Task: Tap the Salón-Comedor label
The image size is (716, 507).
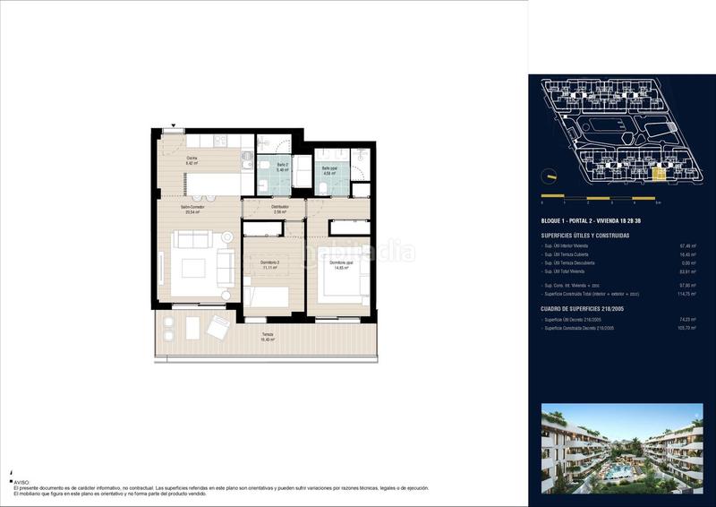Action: tap(192, 208)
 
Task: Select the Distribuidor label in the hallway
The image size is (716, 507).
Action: tap(280, 209)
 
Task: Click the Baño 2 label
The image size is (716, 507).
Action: tap(280, 167)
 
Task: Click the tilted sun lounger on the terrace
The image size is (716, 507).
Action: tap(217, 331)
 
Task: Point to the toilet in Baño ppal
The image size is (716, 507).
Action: tap(320, 185)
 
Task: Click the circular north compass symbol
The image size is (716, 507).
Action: tap(551, 175)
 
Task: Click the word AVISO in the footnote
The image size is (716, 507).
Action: tap(21, 482)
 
